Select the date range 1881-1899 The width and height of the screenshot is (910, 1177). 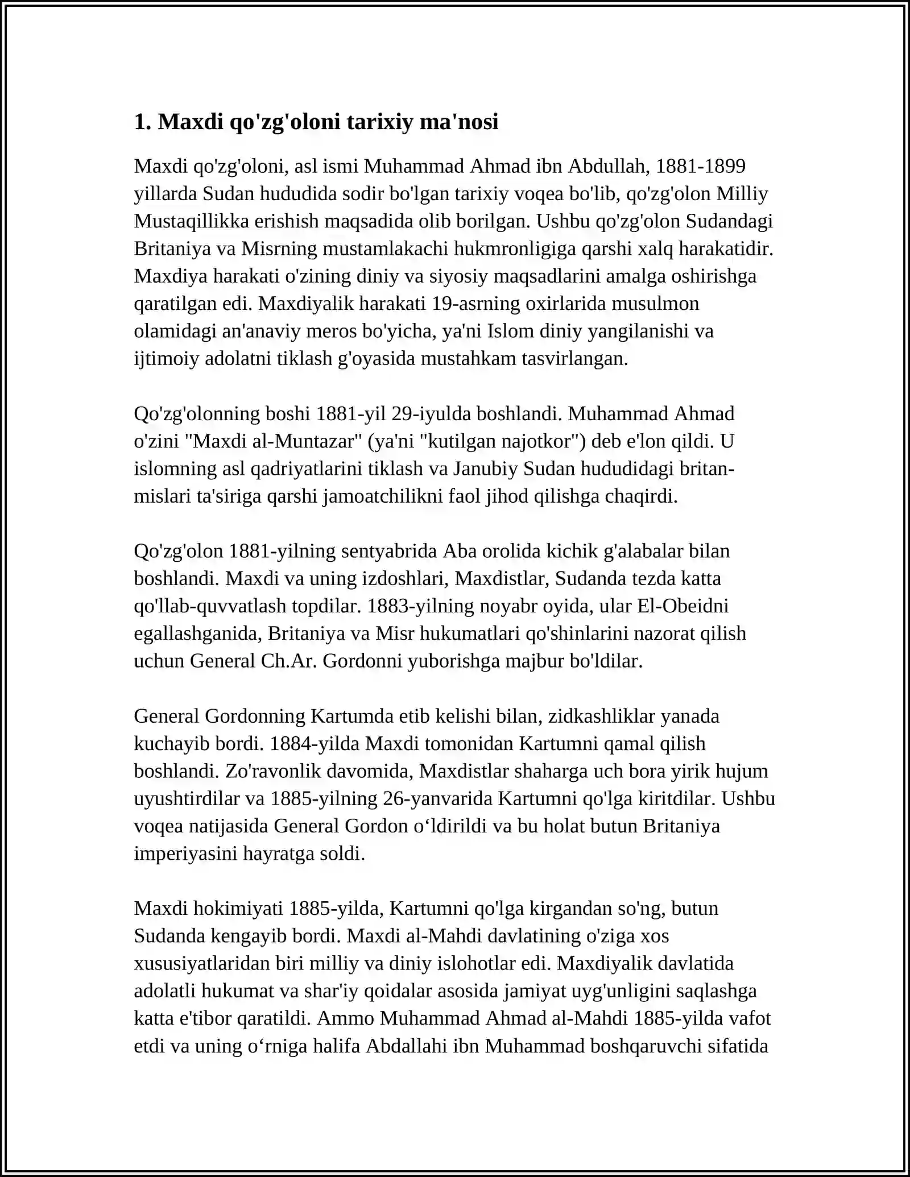click(x=701, y=166)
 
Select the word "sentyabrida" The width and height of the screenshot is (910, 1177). click(x=398, y=551)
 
